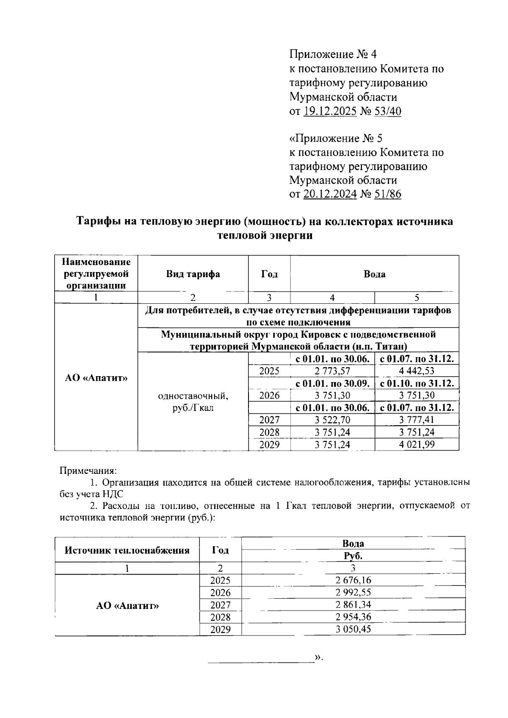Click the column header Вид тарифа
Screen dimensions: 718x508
[193, 274]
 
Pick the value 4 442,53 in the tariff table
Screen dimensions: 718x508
[417, 371]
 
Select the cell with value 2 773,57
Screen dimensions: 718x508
[332, 371]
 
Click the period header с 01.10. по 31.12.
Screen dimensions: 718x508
[417, 384]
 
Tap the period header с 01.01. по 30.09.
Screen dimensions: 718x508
[332, 384]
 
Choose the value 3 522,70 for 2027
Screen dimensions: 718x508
[332, 420]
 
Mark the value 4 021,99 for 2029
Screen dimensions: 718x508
[417, 445]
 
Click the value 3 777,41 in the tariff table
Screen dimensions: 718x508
[417, 420]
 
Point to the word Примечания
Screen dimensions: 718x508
[88, 470]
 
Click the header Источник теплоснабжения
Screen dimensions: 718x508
[127, 550]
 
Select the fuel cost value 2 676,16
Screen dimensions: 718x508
[353, 580]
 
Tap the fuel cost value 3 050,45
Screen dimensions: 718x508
[353, 629]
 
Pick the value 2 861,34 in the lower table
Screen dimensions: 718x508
[353, 605]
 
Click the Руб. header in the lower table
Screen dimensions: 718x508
[353, 556]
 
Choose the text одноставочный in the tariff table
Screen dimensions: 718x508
[193, 396]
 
